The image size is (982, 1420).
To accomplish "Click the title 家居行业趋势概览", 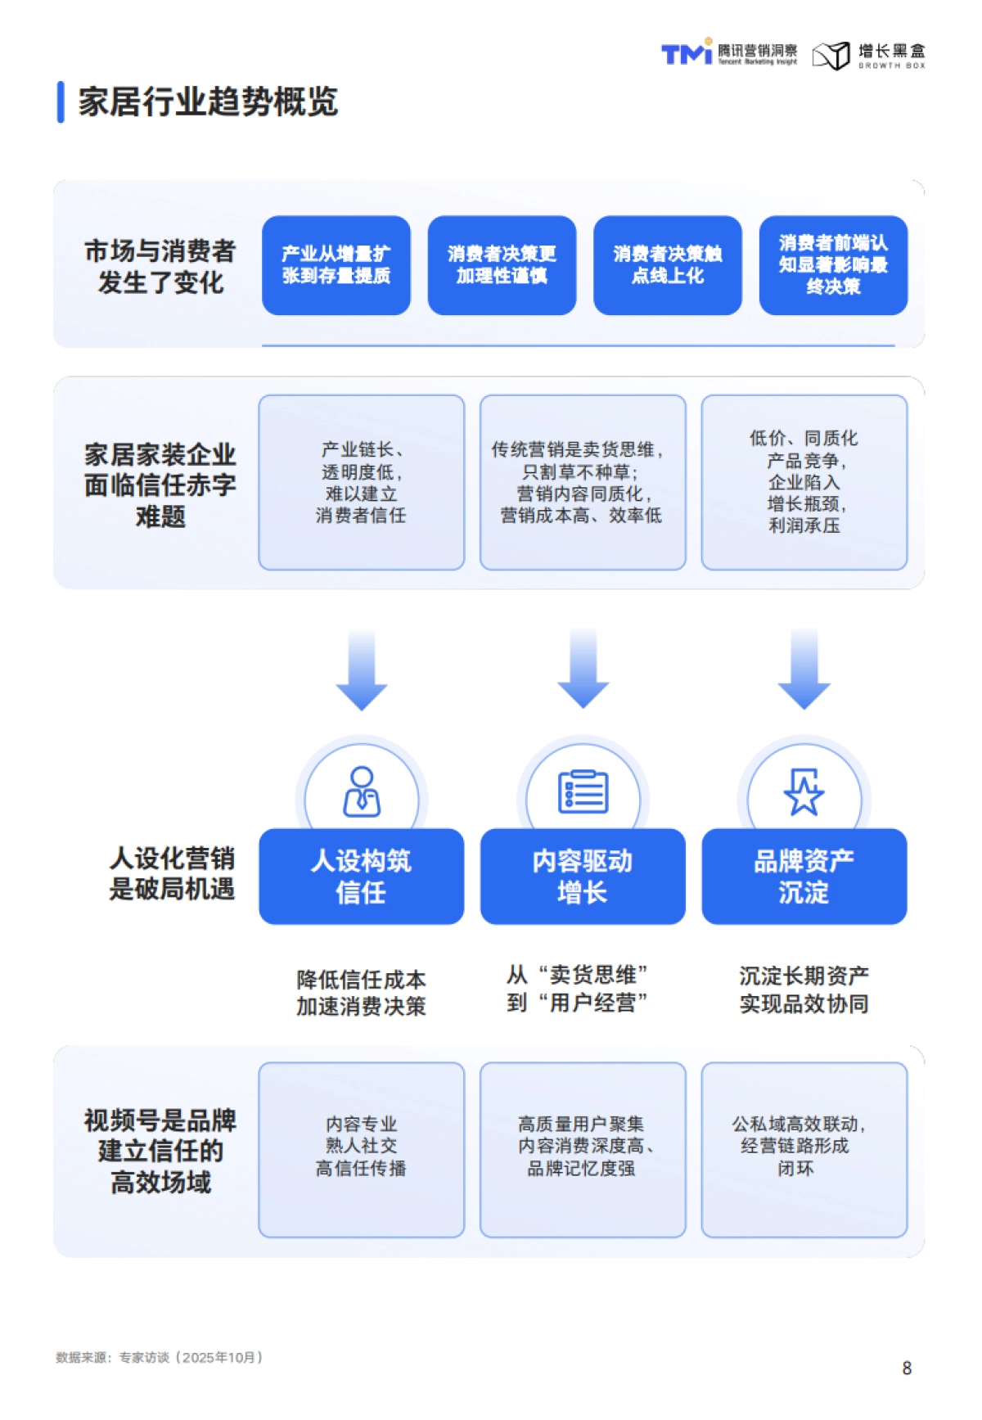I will [x=208, y=102].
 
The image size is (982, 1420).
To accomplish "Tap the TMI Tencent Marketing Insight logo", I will [x=728, y=54].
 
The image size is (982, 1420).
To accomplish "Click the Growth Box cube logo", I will [x=831, y=56].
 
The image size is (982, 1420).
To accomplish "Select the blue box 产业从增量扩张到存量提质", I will [x=336, y=265].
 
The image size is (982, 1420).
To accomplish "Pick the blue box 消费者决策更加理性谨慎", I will [x=502, y=265].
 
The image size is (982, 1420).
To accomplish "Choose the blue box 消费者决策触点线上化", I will [x=667, y=265].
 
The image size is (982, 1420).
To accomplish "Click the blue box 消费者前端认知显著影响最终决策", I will [x=833, y=265].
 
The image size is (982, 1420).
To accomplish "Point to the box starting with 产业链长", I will [x=361, y=482].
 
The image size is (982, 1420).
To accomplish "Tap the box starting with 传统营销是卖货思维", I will [x=582, y=482].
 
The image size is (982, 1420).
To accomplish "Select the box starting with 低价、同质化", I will [x=804, y=482].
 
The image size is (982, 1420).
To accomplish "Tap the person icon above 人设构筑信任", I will [x=362, y=791].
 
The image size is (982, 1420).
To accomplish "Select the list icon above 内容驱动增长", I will [x=583, y=791].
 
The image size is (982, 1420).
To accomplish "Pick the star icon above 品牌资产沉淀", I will [x=804, y=791].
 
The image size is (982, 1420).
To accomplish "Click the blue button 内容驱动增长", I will [x=582, y=877].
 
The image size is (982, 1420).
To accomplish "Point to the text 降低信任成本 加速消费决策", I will [x=361, y=993].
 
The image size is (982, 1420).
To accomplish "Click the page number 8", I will [x=907, y=1368].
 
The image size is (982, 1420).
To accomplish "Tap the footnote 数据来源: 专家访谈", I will [x=160, y=1358].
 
